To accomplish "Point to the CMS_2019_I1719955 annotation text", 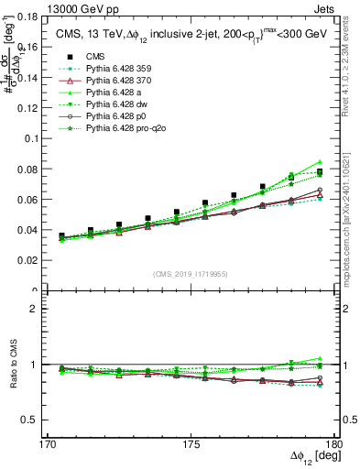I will click(191, 274).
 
